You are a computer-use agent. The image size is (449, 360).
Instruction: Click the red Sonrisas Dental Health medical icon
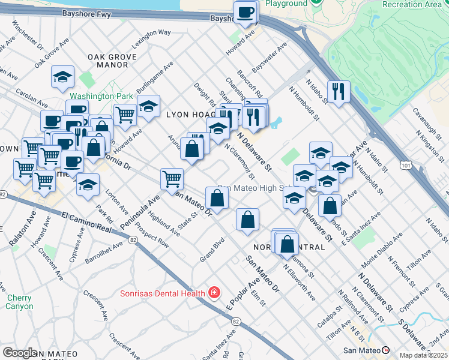click(x=214, y=293)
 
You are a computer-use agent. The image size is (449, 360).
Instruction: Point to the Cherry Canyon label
click(x=19, y=302)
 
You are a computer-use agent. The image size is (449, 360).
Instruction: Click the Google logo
click(x=20, y=353)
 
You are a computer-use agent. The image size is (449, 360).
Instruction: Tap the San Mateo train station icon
click(x=385, y=350)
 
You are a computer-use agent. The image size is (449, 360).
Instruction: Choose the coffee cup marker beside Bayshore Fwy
click(x=246, y=13)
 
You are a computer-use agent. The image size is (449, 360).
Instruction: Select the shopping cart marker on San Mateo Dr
click(x=172, y=178)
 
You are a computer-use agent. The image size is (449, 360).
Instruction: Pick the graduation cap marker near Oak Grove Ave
click(x=62, y=77)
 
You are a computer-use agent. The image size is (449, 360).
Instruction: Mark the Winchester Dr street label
click(x=27, y=37)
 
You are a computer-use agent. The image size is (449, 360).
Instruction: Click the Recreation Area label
click(x=411, y=4)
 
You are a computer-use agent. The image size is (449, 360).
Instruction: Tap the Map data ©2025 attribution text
click(x=424, y=355)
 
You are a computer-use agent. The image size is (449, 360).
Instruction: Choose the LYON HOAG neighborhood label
click(x=190, y=114)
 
